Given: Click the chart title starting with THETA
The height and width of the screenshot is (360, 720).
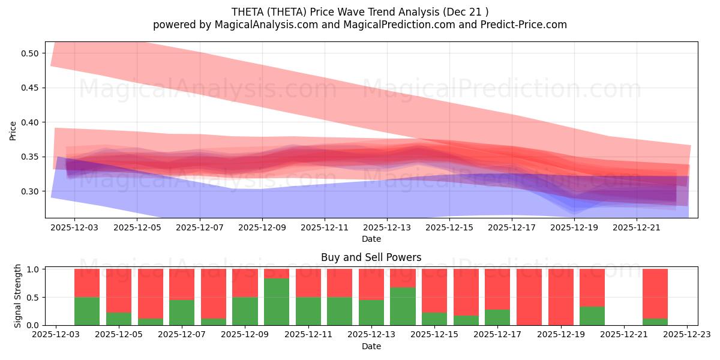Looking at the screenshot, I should click(x=359, y=12).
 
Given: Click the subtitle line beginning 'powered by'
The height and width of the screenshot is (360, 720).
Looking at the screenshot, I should click(x=359, y=25).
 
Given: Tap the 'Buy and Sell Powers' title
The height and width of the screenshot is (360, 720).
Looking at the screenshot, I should click(x=371, y=257).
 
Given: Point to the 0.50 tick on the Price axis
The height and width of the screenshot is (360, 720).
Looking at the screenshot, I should click(x=31, y=53).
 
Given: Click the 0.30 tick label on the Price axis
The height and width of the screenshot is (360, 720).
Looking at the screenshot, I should click(x=31, y=191).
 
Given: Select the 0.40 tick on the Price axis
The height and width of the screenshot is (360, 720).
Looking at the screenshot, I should click(x=31, y=122).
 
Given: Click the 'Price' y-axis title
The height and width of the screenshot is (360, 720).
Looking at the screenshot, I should click(x=13, y=131).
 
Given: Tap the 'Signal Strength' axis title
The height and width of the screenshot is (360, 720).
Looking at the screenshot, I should click(x=18, y=296).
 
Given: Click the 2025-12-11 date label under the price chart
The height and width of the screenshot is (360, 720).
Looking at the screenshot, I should click(x=324, y=228).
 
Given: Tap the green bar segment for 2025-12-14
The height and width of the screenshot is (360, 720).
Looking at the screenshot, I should click(x=403, y=306).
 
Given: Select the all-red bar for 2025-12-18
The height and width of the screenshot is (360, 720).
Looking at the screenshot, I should click(x=529, y=297).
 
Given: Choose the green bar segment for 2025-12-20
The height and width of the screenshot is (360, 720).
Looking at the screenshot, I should click(x=592, y=316).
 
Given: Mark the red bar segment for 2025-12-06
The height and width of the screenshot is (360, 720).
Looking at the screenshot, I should click(x=151, y=293).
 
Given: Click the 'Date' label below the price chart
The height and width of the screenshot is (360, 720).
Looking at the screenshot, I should click(x=371, y=239).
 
